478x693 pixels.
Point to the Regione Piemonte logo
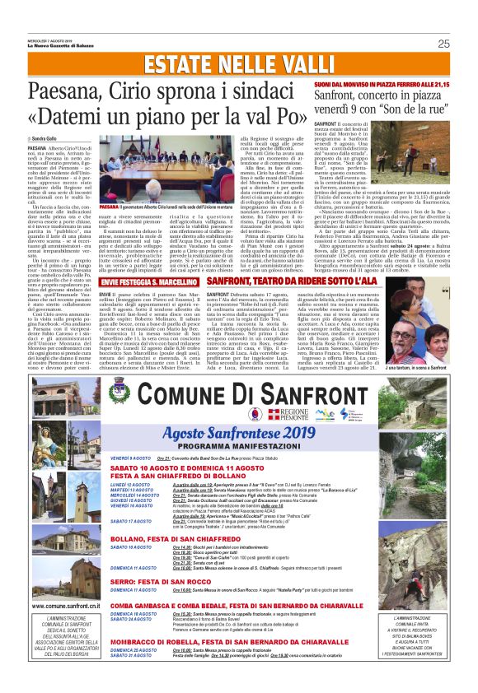coord(312,414)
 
